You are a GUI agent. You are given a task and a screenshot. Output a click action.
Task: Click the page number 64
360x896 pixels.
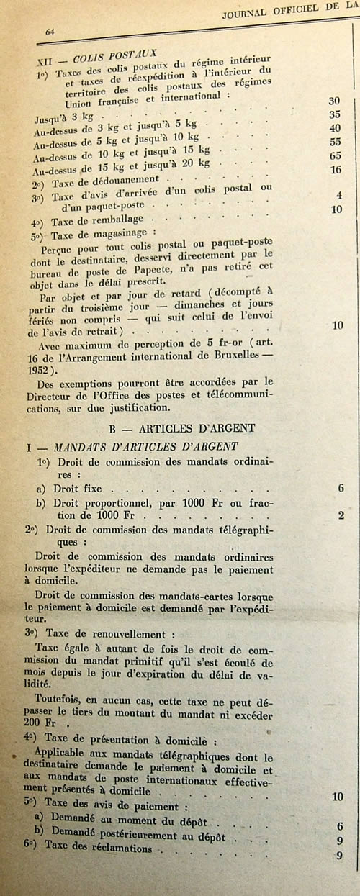(x=50, y=32)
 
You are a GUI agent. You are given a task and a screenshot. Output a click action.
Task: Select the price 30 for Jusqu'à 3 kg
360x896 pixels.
(x=334, y=101)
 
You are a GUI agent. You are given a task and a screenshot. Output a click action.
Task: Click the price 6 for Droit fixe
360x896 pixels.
(x=340, y=489)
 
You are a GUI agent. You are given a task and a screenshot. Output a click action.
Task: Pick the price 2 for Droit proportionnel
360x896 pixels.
(x=341, y=515)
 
